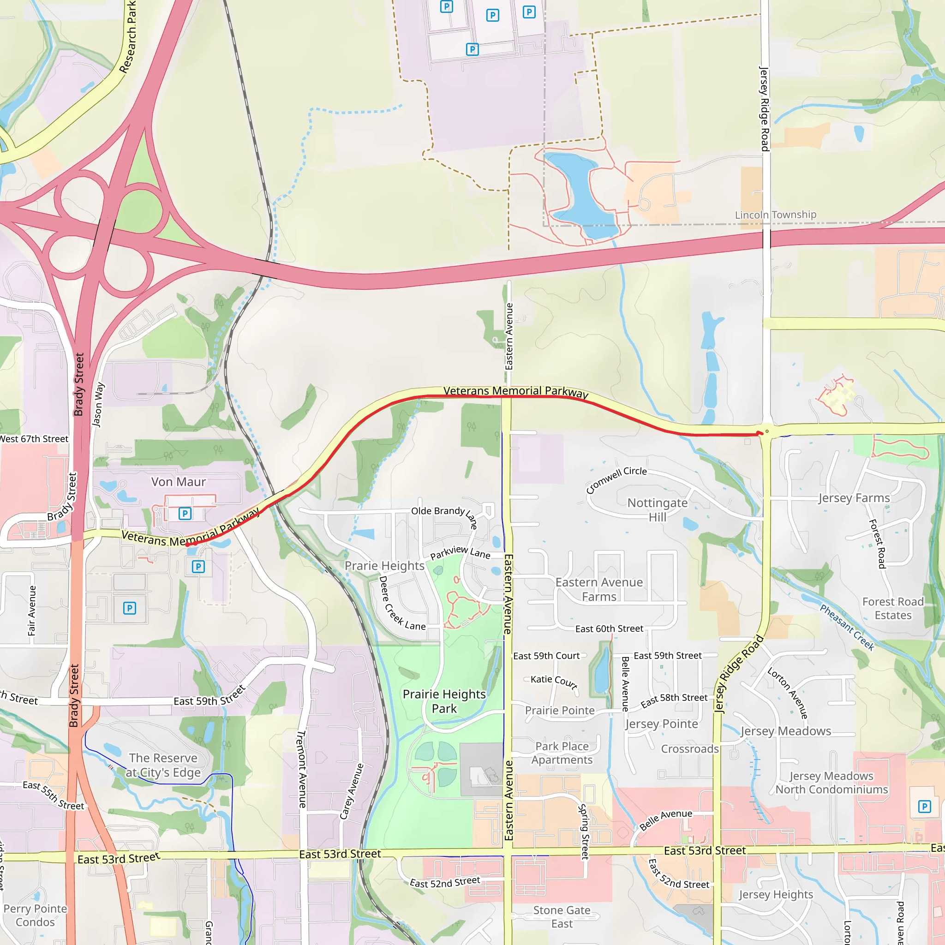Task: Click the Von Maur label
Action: click(x=178, y=482)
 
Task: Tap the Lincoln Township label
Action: click(x=775, y=215)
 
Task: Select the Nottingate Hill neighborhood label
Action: click(x=657, y=510)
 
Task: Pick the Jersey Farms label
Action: click(x=854, y=498)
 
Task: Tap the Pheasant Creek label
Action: click(x=847, y=627)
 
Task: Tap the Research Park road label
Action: click(x=128, y=37)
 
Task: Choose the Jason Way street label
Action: click(x=98, y=405)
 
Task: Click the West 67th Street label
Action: click(x=34, y=439)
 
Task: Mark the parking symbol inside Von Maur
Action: click(x=185, y=514)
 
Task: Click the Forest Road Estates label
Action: click(x=893, y=608)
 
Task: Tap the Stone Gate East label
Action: click(x=562, y=917)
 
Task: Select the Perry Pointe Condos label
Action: click(x=35, y=915)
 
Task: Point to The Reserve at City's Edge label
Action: click(x=163, y=765)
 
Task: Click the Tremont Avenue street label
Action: click(x=302, y=769)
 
